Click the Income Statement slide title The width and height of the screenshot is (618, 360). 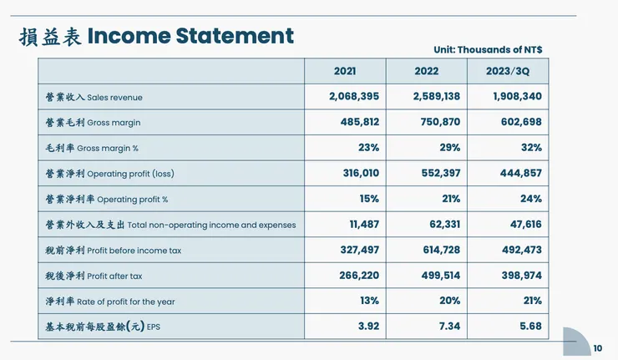tap(156, 36)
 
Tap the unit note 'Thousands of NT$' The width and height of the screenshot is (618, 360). tap(488, 50)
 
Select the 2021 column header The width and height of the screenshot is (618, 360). tap(344, 71)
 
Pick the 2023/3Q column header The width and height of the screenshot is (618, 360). tap(508, 71)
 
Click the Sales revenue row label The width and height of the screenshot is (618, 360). tap(94, 97)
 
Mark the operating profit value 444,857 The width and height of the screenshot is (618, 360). tap(517, 174)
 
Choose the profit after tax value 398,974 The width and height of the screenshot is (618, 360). tap(517, 276)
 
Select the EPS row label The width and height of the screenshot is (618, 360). tap(102, 327)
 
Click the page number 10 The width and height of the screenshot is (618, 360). tap(597, 348)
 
